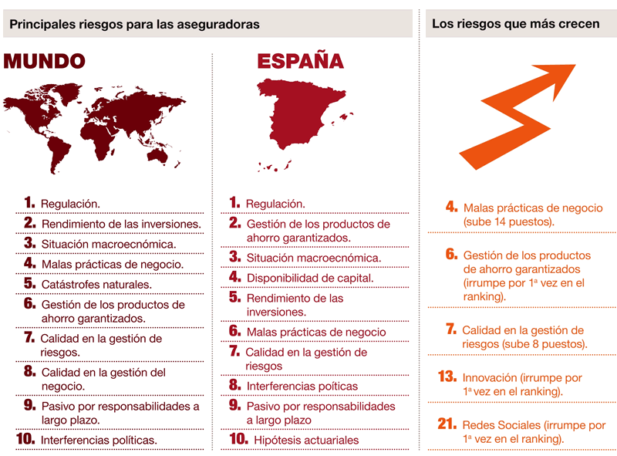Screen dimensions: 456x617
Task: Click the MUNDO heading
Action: tap(44, 61)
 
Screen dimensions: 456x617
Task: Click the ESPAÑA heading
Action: tap(300, 61)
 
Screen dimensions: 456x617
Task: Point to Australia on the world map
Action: tap(159, 154)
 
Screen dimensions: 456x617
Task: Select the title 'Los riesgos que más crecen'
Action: tap(515, 24)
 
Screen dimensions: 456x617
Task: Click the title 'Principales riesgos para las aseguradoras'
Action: tap(134, 25)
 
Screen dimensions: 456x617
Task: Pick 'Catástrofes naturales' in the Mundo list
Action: tap(96, 284)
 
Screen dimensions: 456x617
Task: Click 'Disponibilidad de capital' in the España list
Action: tap(310, 278)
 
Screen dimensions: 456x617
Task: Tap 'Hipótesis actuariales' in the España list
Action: tap(306, 440)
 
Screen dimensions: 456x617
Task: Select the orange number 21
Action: tap(447, 424)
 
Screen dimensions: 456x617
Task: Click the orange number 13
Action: tap(447, 377)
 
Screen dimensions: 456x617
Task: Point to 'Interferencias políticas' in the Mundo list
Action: tap(99, 440)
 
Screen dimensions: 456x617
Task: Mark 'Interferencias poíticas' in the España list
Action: tap(302, 385)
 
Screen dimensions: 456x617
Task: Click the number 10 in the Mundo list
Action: tap(25, 439)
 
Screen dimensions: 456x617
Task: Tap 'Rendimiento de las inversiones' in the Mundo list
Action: tap(120, 224)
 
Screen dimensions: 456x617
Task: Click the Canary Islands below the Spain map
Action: tap(275, 165)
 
